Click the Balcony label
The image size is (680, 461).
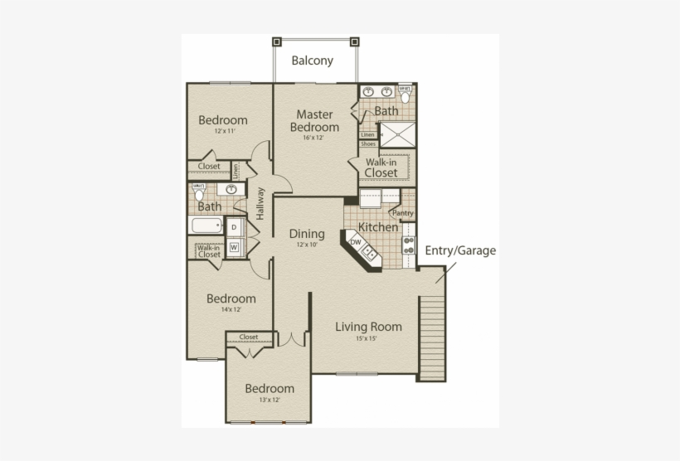click(312, 61)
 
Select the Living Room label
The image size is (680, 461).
click(368, 327)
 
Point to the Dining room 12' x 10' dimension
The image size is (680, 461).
click(305, 245)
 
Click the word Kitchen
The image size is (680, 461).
click(377, 227)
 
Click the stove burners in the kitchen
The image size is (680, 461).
click(408, 244)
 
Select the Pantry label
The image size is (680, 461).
click(402, 213)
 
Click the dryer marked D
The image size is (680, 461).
click(234, 227)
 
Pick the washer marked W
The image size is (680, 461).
click(234, 246)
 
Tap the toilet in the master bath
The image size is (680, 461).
click(405, 95)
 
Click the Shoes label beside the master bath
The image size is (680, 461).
click(367, 143)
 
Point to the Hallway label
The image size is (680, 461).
click(260, 203)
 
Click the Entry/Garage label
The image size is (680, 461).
click(460, 250)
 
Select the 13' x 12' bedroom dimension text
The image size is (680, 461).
click(269, 400)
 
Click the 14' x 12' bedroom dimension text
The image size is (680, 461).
click(231, 310)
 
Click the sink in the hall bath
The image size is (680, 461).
click(232, 189)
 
